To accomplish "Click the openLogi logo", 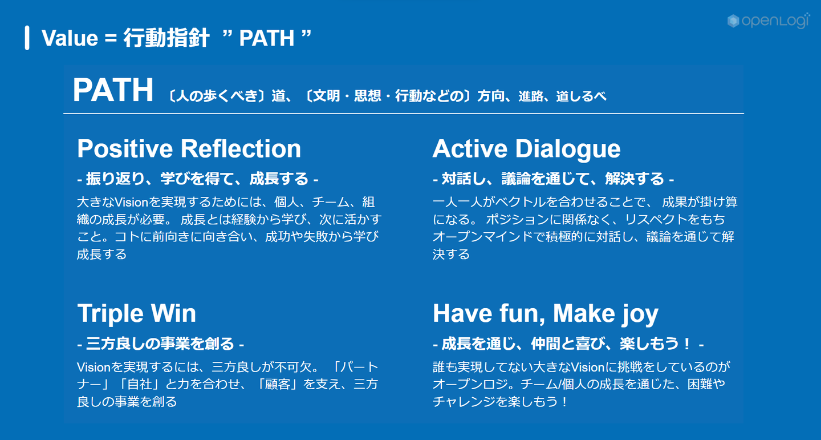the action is click(768, 21).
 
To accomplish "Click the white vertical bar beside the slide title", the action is click(27, 38).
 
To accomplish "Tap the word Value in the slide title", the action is click(70, 38).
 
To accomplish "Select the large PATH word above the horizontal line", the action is click(113, 90).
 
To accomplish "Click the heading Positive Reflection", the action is click(189, 149).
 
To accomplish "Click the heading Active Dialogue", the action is click(526, 150).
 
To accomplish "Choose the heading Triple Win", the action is click(136, 314).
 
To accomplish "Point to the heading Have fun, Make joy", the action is click(546, 314).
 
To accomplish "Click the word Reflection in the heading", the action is click(241, 149).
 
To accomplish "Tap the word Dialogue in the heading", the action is click(568, 150).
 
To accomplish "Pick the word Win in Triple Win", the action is click(173, 314).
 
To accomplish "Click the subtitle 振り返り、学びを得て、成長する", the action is click(197, 179).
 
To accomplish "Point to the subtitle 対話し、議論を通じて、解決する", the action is click(553, 179).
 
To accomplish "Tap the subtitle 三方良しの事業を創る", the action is click(160, 344).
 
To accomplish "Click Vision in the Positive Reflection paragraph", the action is click(131, 202).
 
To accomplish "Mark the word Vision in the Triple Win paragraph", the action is click(94, 367).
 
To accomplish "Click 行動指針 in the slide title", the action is click(166, 38).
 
